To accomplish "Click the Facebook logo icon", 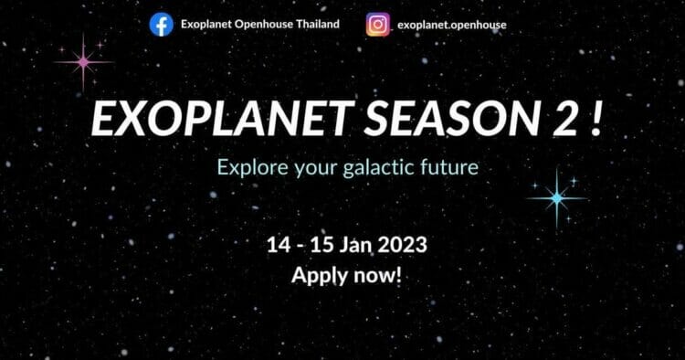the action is point(161,25).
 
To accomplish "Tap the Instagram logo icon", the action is point(378,25).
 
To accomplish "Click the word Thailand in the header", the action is point(318,24).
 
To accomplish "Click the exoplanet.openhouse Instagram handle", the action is point(452,26).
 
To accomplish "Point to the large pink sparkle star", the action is point(83,62).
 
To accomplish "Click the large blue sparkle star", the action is point(556,198).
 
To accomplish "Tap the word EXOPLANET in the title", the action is point(222,119).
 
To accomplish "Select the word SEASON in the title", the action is point(453,119).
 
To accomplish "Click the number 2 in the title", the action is point(565,119).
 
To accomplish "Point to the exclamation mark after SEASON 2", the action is point(595,119).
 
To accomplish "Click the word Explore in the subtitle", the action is point(252,168).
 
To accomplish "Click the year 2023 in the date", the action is point(403,245).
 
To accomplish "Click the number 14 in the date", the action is point(279,245).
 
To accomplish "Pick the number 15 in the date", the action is point(322,245).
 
